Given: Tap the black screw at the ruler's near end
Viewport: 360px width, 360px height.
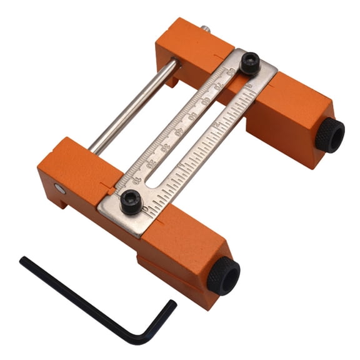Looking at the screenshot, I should point(131,202).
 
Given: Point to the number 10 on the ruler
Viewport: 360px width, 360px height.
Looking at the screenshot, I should point(136,180).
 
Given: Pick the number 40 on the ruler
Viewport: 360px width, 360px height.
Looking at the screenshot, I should point(179,131).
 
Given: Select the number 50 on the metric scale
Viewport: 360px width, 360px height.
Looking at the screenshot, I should point(192,116).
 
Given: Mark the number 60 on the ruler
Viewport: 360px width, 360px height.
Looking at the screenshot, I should point(206,101).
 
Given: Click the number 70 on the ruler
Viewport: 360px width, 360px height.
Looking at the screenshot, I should point(219,86).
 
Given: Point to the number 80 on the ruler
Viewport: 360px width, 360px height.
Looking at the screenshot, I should point(232,71).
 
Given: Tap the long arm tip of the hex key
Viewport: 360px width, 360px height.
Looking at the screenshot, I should point(24,261).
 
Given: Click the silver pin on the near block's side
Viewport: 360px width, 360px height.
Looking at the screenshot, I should point(59,188).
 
